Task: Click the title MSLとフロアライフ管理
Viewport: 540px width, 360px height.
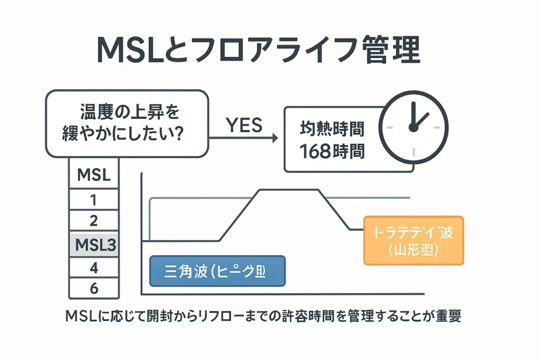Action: tap(258, 51)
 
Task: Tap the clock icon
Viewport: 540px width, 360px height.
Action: tap(414, 127)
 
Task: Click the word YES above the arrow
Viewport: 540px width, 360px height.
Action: tap(244, 125)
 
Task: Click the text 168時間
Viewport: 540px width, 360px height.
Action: tap(332, 151)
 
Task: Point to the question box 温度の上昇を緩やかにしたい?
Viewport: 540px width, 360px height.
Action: tap(127, 123)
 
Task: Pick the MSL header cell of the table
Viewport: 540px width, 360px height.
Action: tap(94, 175)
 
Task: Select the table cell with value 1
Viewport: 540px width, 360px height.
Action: tap(94, 200)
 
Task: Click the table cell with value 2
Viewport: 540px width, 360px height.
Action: tap(94, 220)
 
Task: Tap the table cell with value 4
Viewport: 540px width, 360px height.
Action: tap(94, 268)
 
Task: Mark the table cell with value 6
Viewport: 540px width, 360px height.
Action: tap(94, 288)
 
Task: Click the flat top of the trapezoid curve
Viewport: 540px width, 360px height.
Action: tap(287, 189)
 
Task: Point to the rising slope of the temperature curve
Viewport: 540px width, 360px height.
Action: tap(238, 215)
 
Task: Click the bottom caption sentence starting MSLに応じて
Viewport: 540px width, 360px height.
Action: tap(263, 316)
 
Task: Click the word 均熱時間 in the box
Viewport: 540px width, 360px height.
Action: tap(332, 128)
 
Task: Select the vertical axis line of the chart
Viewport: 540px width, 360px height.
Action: tap(141, 232)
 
